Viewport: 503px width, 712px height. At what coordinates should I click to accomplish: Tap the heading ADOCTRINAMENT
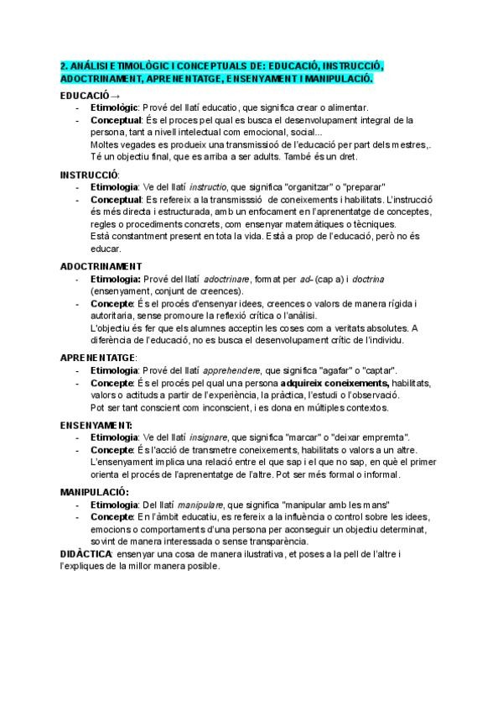tap(100, 265)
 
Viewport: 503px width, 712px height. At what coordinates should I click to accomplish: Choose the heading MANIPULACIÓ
tap(94, 490)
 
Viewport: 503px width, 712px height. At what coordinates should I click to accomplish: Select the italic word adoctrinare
tap(227, 278)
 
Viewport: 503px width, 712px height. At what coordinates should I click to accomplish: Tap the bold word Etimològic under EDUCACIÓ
tap(118, 107)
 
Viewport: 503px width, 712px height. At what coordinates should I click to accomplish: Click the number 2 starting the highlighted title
tap(63, 66)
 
